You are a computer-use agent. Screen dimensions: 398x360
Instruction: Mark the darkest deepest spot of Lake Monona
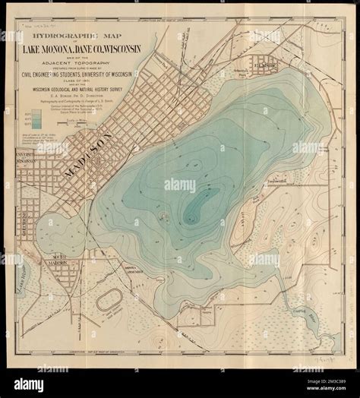(200, 199)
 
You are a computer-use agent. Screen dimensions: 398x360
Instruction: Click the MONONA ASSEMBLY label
(134, 269)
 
